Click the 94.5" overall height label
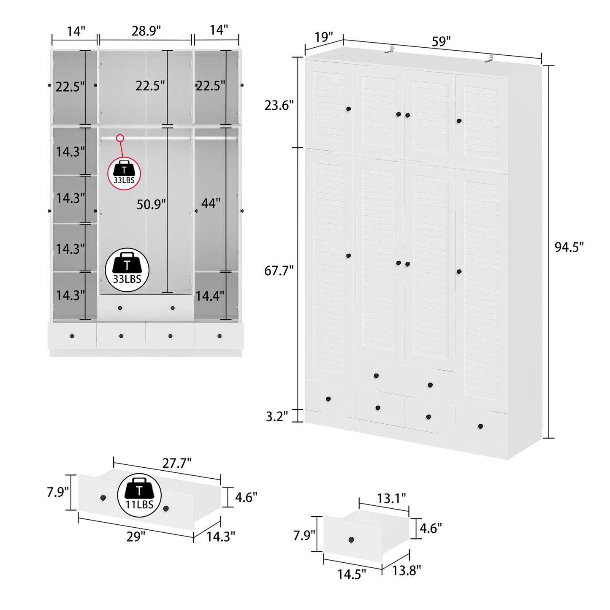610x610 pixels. [x=569, y=247]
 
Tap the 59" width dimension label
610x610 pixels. [x=441, y=41]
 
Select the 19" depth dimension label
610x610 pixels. [x=324, y=37]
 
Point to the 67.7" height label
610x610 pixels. [x=279, y=271]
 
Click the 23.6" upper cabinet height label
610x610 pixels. [x=279, y=105]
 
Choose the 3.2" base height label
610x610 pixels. [x=277, y=416]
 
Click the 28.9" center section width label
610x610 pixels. [x=146, y=31]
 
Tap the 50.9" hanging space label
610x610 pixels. [x=151, y=204]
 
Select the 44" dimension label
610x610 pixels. [x=211, y=203]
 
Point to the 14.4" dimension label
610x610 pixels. [x=209, y=296]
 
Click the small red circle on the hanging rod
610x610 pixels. [x=120, y=138]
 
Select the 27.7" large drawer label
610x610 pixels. [x=177, y=463]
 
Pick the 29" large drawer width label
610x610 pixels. [x=136, y=537]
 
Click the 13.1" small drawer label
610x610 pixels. [x=391, y=499]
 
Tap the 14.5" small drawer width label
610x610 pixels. [x=351, y=574]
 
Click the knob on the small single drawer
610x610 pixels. [x=351, y=540]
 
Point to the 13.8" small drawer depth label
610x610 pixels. [x=406, y=570]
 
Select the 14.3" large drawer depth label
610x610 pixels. [x=221, y=537]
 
